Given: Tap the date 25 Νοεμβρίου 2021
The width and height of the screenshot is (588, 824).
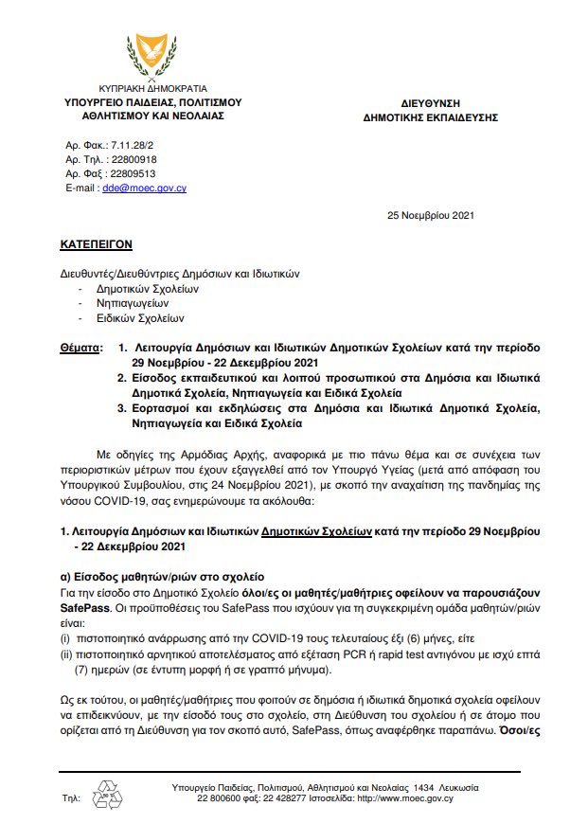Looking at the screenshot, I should (431, 215).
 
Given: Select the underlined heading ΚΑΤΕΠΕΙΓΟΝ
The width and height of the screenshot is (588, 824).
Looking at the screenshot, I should (95, 243).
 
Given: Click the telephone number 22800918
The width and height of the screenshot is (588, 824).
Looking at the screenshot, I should (133, 160).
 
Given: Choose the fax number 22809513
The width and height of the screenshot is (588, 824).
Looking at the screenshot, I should (133, 174).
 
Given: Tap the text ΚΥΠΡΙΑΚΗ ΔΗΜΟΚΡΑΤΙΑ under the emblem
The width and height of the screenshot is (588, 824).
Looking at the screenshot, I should (153, 87).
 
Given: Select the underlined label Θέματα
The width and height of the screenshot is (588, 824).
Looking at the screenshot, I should (80, 349).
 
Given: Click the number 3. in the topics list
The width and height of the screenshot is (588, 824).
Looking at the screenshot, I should (123, 408).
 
